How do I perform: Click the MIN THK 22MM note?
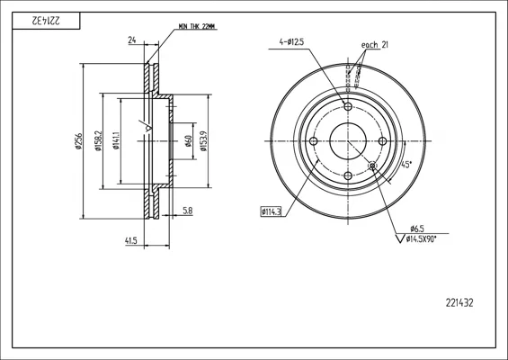coord(197,27)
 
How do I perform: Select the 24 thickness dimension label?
coord(132,40)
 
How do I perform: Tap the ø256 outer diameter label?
coord(78,141)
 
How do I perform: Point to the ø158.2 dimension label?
coord(98,141)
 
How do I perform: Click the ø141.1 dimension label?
coord(116,140)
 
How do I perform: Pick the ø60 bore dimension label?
coord(189,141)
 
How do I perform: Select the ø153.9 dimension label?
coord(203,141)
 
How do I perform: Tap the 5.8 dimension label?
coord(188,211)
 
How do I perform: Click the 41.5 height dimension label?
coord(131,240)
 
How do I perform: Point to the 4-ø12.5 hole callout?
coord(291,41)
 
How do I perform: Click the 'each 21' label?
coord(375,45)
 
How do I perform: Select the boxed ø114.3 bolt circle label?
coord(271,212)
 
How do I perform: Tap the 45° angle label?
coord(406,165)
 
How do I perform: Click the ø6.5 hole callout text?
coord(417,229)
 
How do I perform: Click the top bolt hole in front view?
coord(348,106)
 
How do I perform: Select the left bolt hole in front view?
coord(313,141)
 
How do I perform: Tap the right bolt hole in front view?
coord(383,141)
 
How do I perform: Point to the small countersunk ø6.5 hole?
coord(372,166)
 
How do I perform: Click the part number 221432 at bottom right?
coord(459,303)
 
